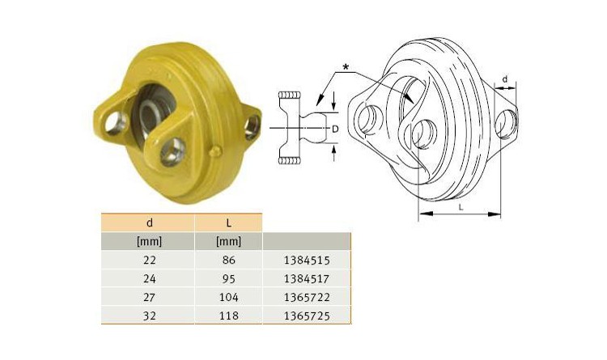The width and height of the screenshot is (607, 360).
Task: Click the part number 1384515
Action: [x=307, y=260]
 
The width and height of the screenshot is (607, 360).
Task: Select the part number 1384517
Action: [x=307, y=279]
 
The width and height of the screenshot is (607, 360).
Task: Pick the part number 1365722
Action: [x=307, y=297]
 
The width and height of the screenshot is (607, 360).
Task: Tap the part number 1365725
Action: [x=307, y=316]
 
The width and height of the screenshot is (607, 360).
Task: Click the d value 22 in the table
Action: [x=150, y=260]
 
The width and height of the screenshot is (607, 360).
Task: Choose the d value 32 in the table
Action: [x=150, y=316]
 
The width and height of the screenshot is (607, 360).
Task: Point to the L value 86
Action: [x=229, y=260]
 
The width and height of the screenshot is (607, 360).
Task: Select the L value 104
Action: [x=229, y=297]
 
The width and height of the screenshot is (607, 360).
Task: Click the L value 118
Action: [x=229, y=316]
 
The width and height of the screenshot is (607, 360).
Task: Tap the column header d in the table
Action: [x=150, y=223]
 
